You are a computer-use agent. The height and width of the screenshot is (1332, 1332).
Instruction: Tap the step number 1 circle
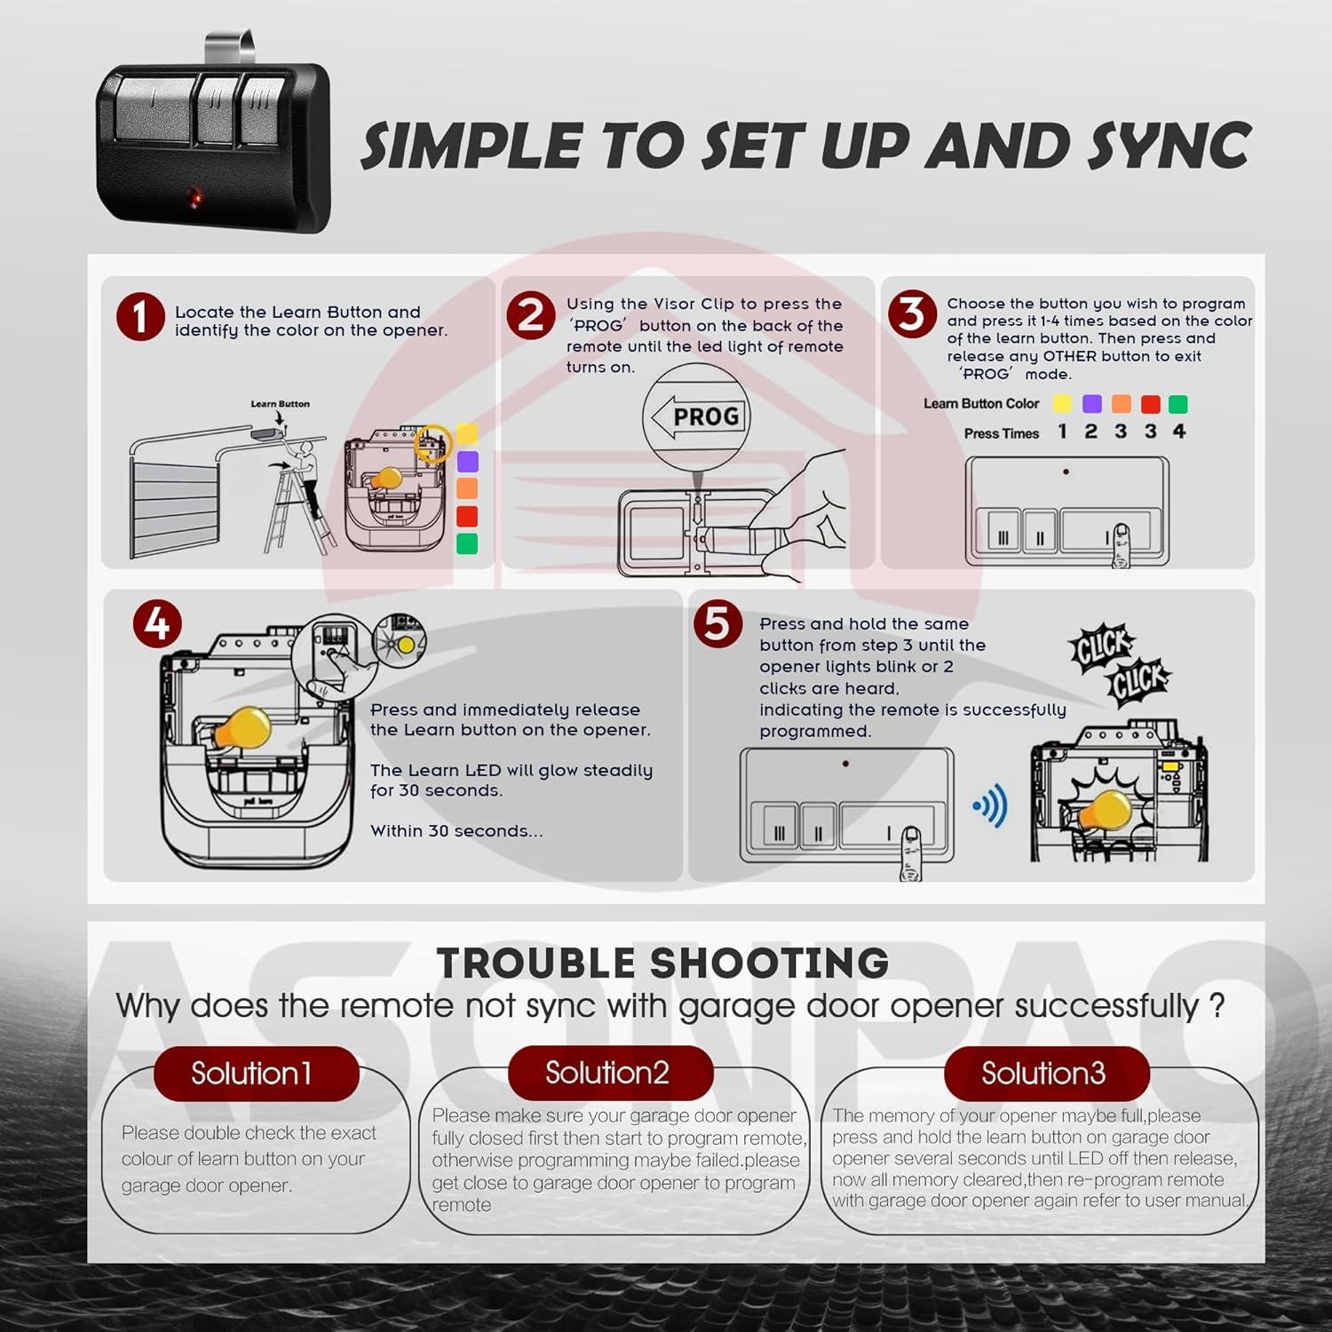(140, 317)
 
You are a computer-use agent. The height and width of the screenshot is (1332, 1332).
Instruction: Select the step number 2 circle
(531, 315)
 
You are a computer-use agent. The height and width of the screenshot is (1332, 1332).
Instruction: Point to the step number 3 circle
(912, 315)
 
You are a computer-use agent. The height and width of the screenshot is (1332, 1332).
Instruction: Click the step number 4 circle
(157, 624)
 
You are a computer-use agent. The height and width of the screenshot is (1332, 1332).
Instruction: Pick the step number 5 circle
(717, 624)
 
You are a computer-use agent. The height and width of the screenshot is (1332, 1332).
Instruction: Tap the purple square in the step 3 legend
(1091, 404)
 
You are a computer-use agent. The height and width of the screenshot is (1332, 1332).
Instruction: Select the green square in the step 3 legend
(1177, 404)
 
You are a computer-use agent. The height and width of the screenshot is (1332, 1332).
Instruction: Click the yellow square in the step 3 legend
(1062, 404)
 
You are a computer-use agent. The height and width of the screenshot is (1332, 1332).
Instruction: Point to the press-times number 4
(1178, 432)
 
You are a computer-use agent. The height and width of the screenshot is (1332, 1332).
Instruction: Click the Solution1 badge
(255, 1074)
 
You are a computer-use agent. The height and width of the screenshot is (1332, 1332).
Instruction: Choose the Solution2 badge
(608, 1073)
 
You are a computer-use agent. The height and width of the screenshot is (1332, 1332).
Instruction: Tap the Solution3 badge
(1045, 1074)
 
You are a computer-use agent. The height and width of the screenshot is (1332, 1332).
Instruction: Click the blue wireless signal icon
(991, 807)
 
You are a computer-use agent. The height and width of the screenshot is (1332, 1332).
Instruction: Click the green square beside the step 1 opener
(467, 543)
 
